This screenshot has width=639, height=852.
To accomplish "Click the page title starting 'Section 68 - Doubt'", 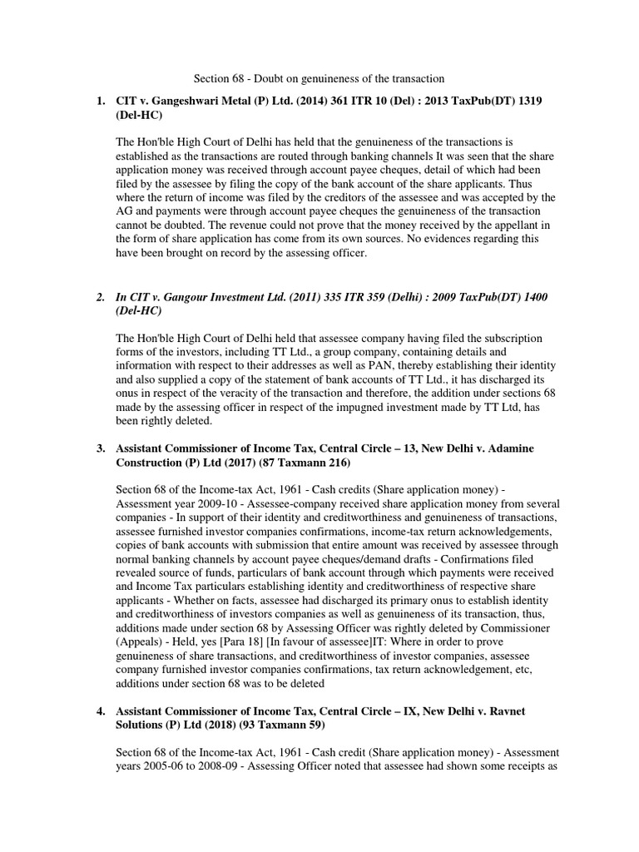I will [319, 78].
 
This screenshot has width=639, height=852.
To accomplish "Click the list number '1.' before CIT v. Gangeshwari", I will [100, 102].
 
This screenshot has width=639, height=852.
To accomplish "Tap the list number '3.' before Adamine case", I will [100, 448].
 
